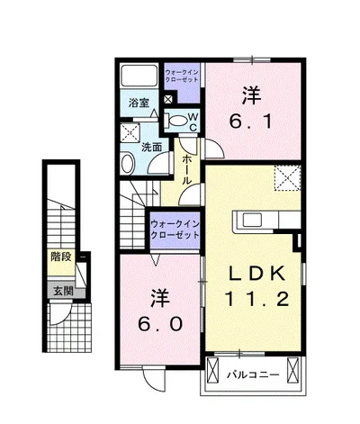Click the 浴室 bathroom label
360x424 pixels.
point(139,103)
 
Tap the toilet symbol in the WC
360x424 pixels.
point(175,121)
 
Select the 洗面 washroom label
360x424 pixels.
point(152,147)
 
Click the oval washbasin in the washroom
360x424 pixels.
point(128,163)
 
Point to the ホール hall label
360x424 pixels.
point(186,170)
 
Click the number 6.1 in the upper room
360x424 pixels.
point(251,122)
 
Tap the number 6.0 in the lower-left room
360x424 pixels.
point(160,324)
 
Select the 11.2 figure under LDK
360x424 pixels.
point(257,299)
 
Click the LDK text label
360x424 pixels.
point(256,274)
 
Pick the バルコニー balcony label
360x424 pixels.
point(253,374)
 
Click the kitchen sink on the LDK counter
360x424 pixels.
point(251,221)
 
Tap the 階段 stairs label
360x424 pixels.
point(61,257)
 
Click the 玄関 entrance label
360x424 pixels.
point(63,291)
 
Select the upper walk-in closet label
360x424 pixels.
point(182,76)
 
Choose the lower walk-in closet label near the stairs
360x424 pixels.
point(175,230)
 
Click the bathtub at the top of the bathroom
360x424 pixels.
point(139,76)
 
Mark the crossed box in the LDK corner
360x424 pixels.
point(287,177)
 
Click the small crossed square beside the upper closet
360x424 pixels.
point(168,99)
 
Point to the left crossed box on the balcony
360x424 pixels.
point(212,371)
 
